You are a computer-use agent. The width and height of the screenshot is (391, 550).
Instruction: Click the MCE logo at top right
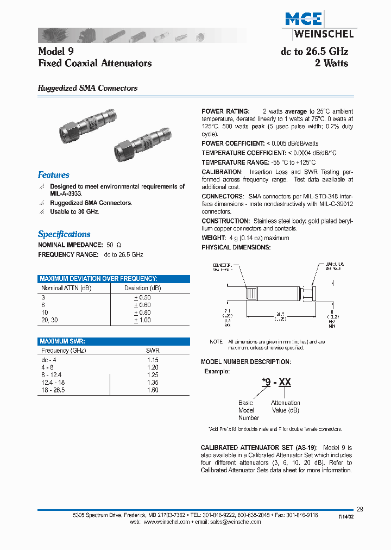point(304,20)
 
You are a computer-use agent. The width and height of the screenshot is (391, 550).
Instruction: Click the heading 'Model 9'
point(55,52)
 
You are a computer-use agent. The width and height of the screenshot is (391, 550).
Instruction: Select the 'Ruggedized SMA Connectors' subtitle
point(87,88)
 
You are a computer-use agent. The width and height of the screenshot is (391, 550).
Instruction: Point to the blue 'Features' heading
point(54,175)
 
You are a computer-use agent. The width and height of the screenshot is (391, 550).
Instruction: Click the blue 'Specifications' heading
point(64,234)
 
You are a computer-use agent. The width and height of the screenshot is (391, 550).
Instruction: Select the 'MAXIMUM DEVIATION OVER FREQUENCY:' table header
point(98,279)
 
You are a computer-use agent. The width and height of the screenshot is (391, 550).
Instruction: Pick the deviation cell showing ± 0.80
point(142,312)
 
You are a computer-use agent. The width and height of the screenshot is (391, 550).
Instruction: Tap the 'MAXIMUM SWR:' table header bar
point(62,341)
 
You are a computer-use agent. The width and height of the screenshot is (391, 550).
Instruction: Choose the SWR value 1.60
point(153,390)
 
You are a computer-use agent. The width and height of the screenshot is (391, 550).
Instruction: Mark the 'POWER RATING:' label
point(225,111)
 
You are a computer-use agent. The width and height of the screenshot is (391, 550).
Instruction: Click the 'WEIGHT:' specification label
point(213,238)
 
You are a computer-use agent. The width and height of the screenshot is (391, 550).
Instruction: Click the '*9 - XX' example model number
point(277,383)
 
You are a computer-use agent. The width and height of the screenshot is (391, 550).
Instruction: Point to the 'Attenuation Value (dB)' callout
point(285,407)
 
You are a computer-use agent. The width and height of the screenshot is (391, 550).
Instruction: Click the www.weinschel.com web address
point(166,522)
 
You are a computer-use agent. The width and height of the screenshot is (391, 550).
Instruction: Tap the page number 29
point(360,509)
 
